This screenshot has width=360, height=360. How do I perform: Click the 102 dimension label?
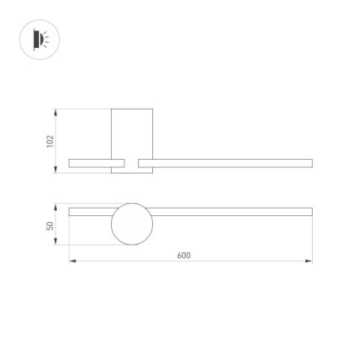(50, 141)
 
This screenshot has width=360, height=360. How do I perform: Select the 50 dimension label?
(50, 225)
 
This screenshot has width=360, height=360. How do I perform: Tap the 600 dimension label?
(184, 255)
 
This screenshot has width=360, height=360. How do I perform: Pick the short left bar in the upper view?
(96, 163)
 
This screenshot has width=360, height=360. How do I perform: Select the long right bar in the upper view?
(225, 163)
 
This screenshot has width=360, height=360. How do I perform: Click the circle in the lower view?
(132, 223)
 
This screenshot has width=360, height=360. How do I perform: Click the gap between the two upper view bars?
(132, 163)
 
